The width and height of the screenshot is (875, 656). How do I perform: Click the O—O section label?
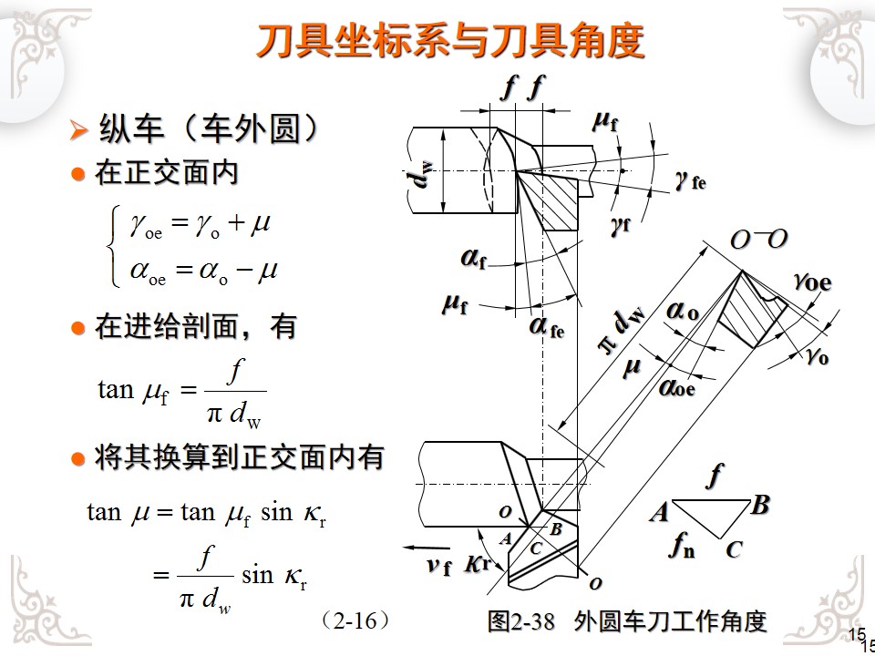point(758,240)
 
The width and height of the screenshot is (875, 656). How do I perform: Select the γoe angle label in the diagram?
point(812,282)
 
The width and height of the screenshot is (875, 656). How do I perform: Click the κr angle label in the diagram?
point(478,564)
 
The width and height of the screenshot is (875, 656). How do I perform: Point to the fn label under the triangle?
point(681,546)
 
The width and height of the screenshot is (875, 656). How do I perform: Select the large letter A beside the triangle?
point(659,513)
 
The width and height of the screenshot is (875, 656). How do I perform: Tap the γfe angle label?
point(690,180)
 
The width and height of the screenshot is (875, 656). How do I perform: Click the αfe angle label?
point(547,325)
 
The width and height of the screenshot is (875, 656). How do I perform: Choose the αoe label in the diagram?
point(677,387)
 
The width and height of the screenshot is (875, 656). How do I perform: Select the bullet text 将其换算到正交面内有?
point(239,457)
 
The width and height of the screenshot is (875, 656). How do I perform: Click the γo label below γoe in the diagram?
point(817,356)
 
